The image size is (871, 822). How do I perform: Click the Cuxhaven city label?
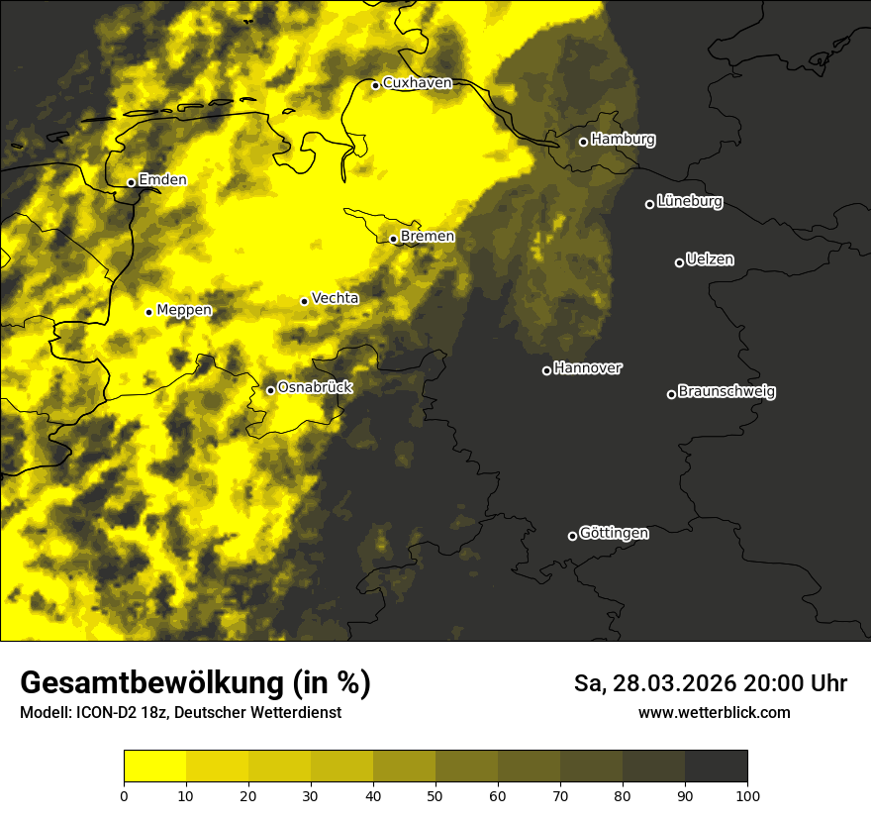click(x=417, y=83)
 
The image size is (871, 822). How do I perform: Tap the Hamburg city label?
click(x=623, y=140)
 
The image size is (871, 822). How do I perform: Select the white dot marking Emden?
click(x=131, y=182)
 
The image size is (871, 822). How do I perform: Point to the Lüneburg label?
click(x=689, y=202)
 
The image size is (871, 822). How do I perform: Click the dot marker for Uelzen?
click(x=679, y=262)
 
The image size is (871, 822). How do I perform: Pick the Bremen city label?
click(x=428, y=237)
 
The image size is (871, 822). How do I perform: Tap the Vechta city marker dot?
click(x=305, y=301)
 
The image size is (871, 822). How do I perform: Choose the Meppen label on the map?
click(x=184, y=310)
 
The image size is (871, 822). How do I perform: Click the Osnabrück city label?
click(x=315, y=388)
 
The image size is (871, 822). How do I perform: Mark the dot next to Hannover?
click(x=546, y=370)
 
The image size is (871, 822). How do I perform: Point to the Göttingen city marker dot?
click(x=572, y=536)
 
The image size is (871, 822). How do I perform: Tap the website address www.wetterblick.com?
click(x=715, y=712)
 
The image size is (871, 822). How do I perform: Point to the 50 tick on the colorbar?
click(x=435, y=795)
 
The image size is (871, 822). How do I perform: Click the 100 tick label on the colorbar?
click(x=747, y=795)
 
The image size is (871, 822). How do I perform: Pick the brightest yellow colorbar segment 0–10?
click(x=155, y=767)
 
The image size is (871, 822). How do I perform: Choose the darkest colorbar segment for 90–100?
click(x=716, y=767)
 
